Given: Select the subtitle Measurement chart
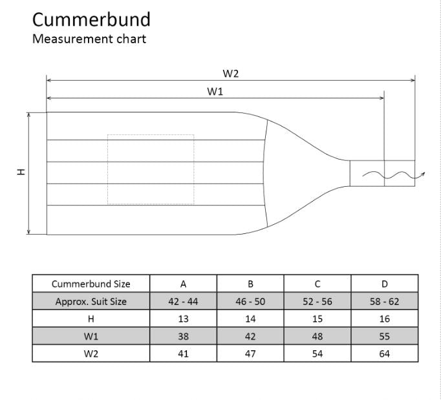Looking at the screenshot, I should pos(89,39).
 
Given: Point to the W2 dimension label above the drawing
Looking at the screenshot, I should pos(231,73).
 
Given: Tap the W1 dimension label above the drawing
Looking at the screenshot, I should pos(215,91).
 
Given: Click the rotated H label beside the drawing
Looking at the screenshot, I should pos(21,172).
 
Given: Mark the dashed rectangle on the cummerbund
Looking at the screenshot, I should pos(151,169).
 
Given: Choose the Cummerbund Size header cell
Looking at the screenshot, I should pos(91,284).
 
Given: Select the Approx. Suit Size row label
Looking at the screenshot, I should pos(91,301).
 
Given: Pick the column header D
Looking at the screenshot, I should pos(385,284).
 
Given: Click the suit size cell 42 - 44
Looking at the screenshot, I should pos(183,301).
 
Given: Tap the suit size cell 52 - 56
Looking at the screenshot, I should pos(317,301).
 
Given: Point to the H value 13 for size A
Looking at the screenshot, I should pos(183,319).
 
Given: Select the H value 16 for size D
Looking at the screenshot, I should pos(385,319).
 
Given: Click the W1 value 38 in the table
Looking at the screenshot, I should pos(183,336).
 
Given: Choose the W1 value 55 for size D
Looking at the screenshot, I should pos(385,336).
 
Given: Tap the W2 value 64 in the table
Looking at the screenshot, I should pos(385,353).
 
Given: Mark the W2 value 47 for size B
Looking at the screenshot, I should pos(250,353).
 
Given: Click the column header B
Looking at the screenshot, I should pos(250,284).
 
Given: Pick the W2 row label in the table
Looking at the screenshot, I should pos(91,353).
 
